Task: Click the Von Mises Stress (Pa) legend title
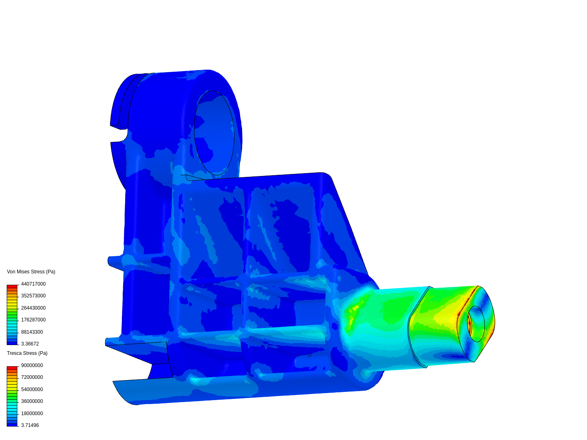click(31, 272)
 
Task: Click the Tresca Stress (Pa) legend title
click(27, 353)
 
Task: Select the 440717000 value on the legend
click(33, 284)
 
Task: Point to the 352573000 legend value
click(33, 296)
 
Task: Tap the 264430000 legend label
click(33, 308)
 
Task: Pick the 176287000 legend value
click(33, 320)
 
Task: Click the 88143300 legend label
click(32, 332)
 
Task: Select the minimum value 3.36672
click(30, 344)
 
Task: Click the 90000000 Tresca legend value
click(32, 365)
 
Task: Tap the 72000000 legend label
click(32, 377)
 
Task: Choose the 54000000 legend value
click(32, 389)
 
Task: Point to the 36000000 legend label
click(32, 401)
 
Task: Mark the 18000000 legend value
click(32, 414)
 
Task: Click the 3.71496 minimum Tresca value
click(30, 425)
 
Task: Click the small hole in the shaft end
click(476, 324)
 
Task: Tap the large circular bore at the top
click(214, 133)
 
